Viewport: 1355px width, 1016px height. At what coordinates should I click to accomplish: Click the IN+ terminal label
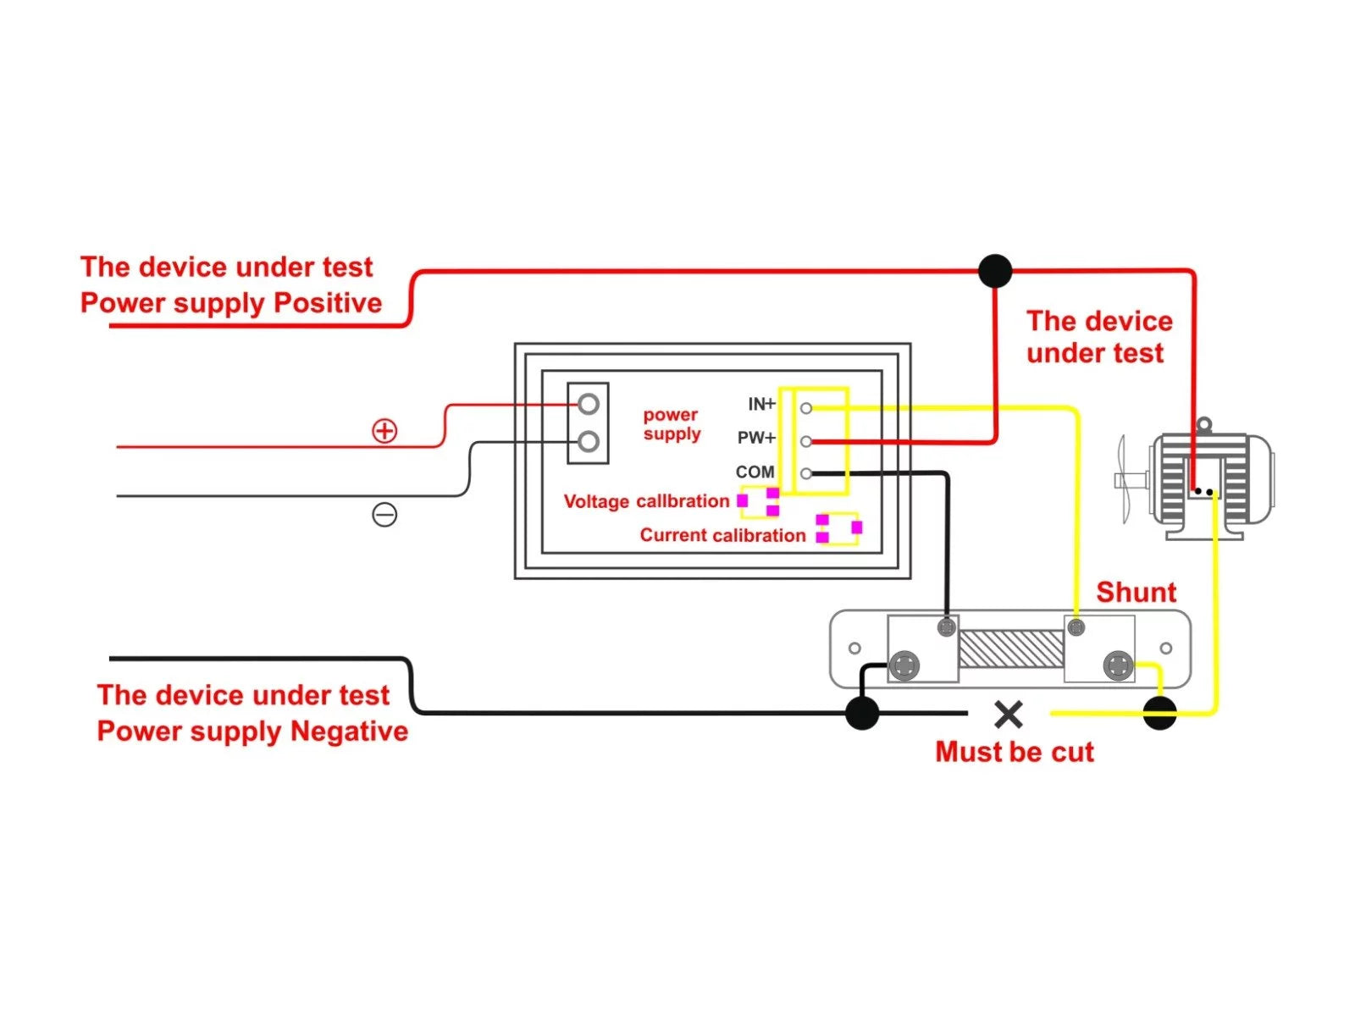pos(761,404)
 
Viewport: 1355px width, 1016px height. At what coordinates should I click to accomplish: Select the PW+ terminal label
pos(756,438)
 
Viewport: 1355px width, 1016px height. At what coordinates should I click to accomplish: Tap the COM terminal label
pos(755,472)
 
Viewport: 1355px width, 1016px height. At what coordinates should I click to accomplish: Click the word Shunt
pos(1136,592)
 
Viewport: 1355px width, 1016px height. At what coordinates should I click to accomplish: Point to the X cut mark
pos(1008,715)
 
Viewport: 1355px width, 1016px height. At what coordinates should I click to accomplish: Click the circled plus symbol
pos(384,431)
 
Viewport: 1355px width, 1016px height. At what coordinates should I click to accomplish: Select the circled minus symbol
pos(384,515)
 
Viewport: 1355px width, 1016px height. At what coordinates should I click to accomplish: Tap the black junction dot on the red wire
pos(994,271)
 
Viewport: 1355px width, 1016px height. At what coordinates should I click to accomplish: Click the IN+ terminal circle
pos(805,408)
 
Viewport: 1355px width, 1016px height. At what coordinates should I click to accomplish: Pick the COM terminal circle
pos(805,474)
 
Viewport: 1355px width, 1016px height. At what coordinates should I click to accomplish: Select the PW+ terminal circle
pos(805,441)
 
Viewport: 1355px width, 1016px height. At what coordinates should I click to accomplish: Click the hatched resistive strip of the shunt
pos(1010,649)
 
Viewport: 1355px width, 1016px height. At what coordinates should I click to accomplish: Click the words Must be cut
pos(1015,752)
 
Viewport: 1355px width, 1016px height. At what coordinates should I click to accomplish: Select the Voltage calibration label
pos(646,501)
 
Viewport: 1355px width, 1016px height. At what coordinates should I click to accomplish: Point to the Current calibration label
pos(722,535)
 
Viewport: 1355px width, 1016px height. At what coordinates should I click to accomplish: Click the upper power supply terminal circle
pos(589,404)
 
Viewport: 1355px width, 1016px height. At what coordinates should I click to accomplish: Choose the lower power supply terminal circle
pos(589,441)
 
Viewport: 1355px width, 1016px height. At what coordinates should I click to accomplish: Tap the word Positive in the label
pos(328,303)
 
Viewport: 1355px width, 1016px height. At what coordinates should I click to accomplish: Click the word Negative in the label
pos(349,731)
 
